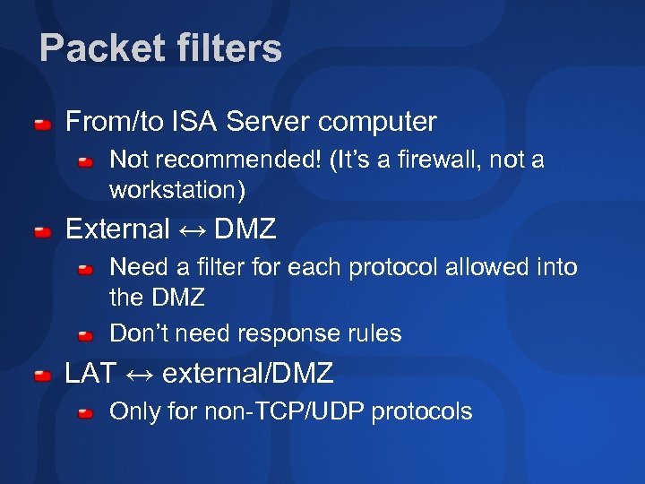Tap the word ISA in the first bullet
[x=193, y=121]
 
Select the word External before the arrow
[x=117, y=229]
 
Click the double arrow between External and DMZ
[x=192, y=230]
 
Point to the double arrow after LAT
[x=139, y=374]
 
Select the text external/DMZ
[x=248, y=373]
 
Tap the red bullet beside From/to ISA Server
[x=42, y=123]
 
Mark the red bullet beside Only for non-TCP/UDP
[x=85, y=414]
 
